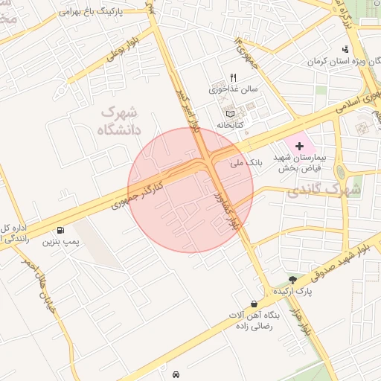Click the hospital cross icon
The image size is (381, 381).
[x=300, y=146]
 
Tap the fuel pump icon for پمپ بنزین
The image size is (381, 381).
[x=58, y=229]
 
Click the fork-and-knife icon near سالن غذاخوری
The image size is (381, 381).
[x=233, y=77]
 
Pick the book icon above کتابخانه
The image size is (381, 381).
[x=230, y=114]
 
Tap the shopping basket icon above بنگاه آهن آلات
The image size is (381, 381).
[x=255, y=304]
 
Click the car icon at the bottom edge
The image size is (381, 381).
[x=176, y=374]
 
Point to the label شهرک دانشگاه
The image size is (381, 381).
[x=118, y=120]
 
